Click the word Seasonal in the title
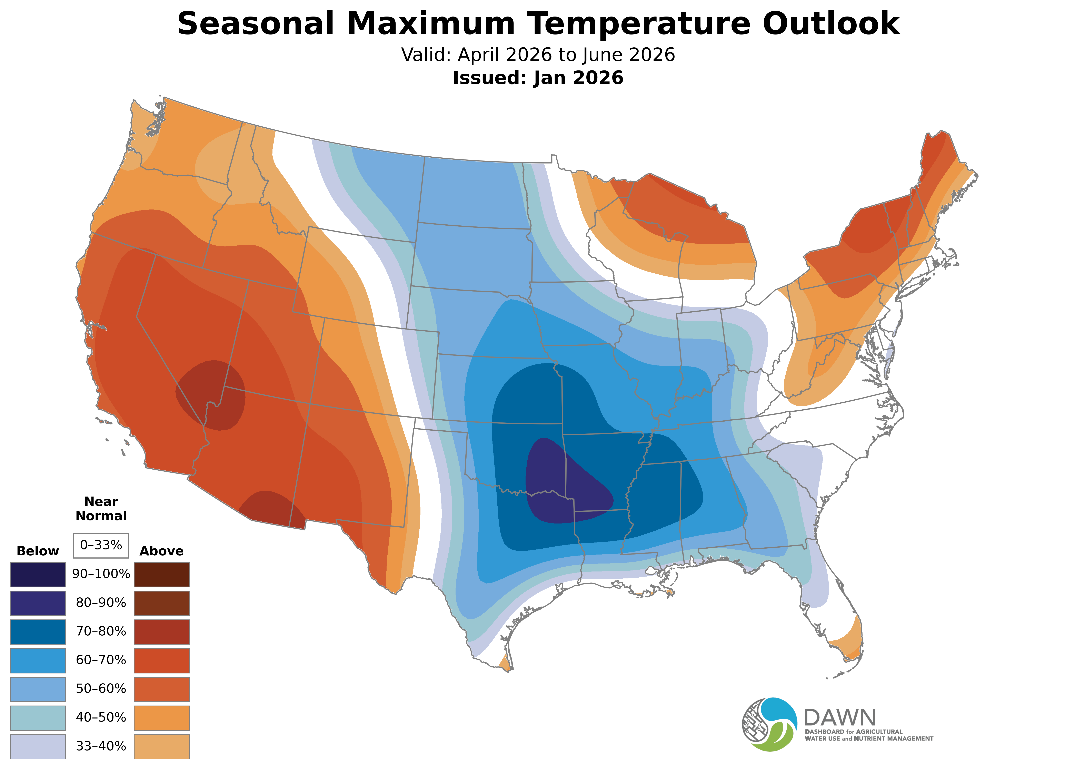point(256,24)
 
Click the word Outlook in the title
point(830,24)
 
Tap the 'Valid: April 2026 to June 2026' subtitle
point(538,55)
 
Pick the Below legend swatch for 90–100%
point(38,575)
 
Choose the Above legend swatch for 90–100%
point(162,575)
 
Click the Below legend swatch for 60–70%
point(38,660)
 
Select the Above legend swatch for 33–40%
point(162,746)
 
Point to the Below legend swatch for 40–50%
point(38,718)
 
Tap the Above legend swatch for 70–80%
point(162,632)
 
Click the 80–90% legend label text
point(101,603)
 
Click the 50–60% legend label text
point(101,689)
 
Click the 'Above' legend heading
point(162,551)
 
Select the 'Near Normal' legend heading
point(101,509)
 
